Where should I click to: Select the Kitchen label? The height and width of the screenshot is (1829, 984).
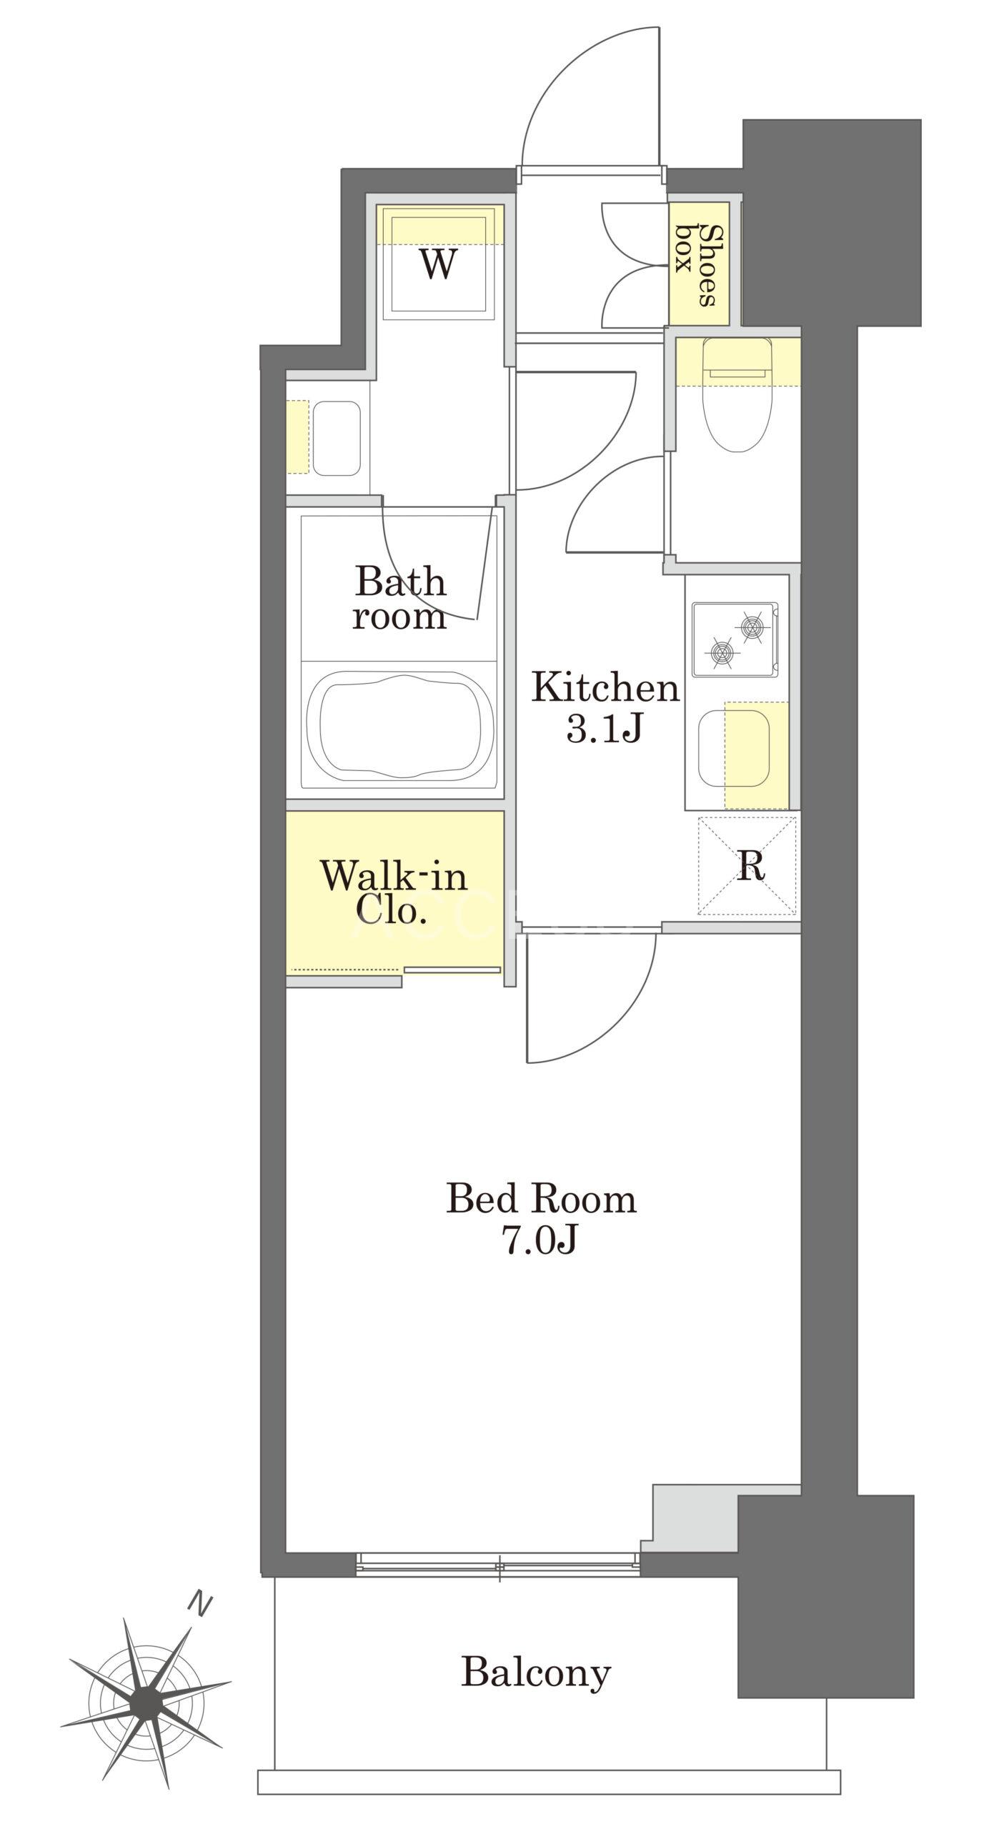(x=605, y=688)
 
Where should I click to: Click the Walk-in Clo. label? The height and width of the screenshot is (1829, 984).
(x=394, y=892)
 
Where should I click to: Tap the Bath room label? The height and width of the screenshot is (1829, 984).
(x=400, y=598)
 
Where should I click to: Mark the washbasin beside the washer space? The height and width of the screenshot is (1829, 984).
(x=336, y=438)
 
